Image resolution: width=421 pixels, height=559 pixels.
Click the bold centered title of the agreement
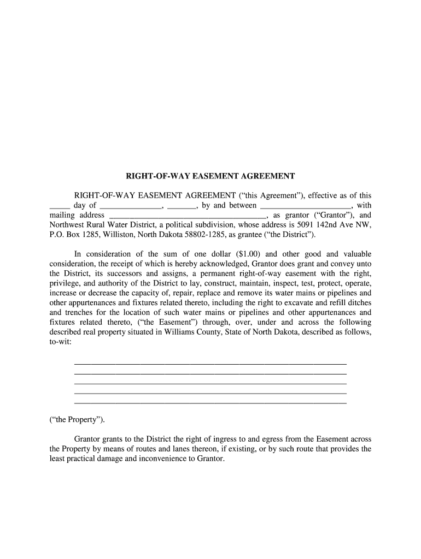pos(210,176)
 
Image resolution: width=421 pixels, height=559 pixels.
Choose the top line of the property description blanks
pos(210,364)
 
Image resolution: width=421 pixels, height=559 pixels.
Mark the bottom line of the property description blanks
pos(210,403)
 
